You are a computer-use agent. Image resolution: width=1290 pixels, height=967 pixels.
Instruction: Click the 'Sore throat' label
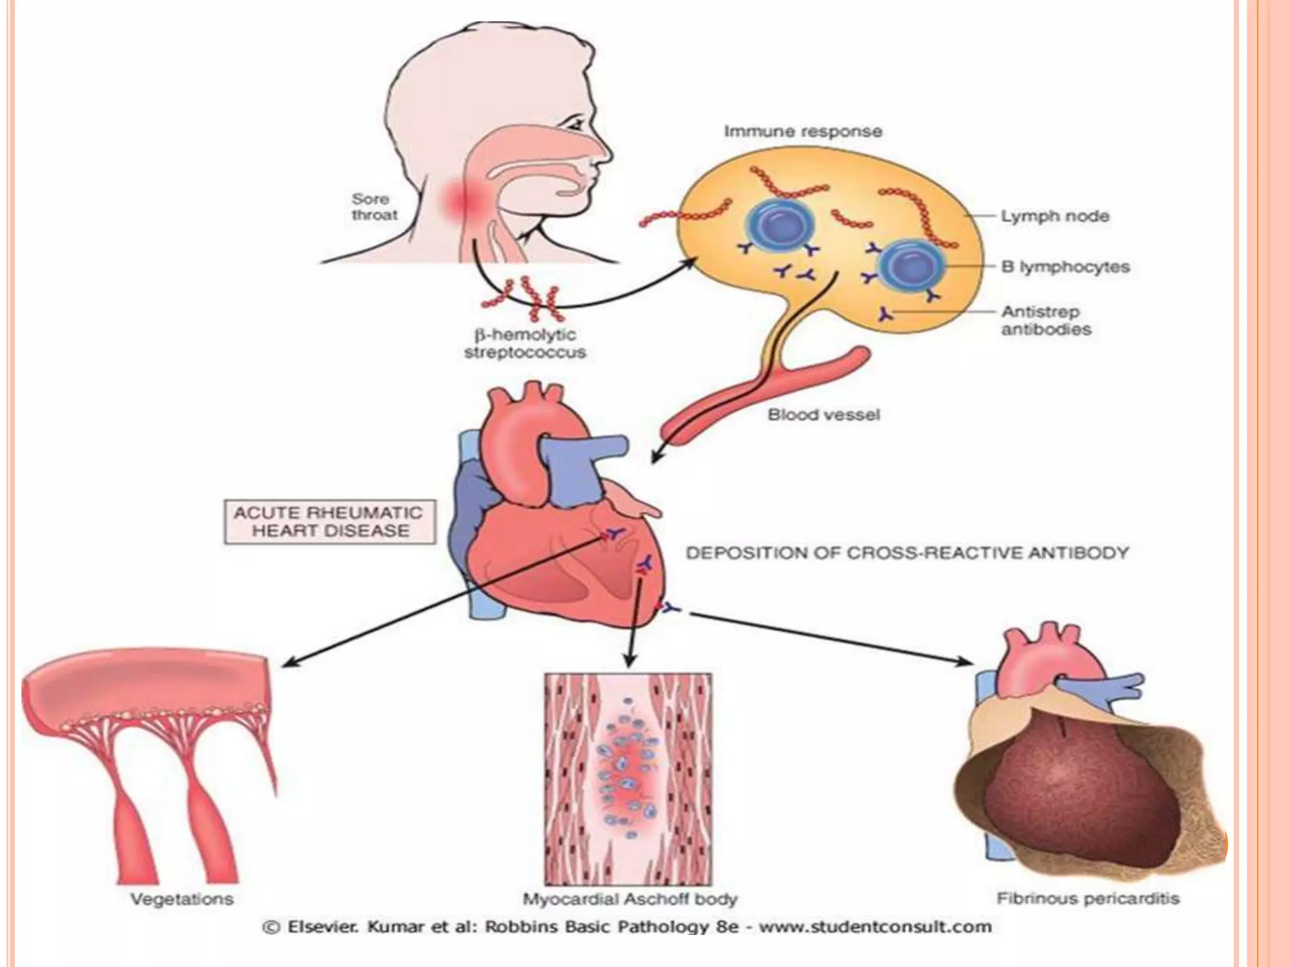(374, 207)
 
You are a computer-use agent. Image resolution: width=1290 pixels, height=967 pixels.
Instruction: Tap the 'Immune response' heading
(802, 132)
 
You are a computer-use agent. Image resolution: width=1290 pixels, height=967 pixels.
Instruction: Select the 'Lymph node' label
(1055, 217)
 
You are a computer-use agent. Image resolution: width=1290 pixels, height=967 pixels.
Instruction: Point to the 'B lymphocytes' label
(1065, 267)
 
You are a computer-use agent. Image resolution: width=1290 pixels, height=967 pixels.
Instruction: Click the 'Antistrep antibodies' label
(1046, 320)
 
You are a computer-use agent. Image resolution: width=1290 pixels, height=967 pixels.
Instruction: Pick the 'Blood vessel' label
(823, 415)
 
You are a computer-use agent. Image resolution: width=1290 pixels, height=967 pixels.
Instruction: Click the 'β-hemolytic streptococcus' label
(525, 344)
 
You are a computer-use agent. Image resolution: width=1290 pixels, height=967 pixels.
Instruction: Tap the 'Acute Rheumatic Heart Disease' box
(329, 521)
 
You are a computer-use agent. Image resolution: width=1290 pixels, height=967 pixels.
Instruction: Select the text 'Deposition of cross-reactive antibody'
(907, 553)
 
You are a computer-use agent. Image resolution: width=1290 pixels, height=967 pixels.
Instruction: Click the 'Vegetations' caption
(182, 899)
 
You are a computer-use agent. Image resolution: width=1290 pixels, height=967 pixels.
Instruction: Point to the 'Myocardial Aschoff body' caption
(630, 899)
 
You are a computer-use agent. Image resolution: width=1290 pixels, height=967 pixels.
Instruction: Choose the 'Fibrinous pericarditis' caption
(1088, 898)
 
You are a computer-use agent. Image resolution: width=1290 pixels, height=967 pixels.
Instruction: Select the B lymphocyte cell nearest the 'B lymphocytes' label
(912, 264)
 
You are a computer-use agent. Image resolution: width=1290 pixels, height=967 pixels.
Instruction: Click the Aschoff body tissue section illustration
(628, 779)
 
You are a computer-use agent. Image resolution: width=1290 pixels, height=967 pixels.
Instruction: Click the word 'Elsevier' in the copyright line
(323, 927)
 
